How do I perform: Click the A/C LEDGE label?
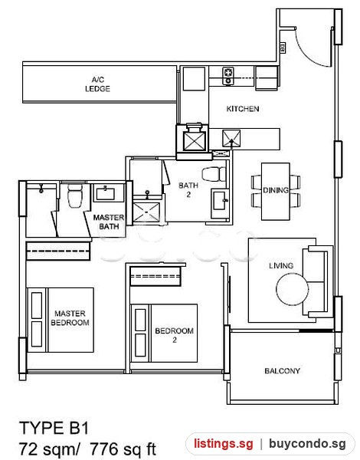[97, 84]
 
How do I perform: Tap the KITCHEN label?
[243, 109]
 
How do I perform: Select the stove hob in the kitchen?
[228, 76]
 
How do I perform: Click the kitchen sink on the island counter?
[231, 139]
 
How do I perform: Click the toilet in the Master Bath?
[74, 195]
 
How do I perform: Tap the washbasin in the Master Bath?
[105, 193]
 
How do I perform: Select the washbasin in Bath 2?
[220, 201]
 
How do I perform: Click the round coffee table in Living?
[293, 289]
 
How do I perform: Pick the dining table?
[276, 192]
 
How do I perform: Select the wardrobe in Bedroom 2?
[155, 276]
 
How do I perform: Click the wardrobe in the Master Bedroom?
[57, 251]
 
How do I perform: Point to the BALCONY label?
[282, 371]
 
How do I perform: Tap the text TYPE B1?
[54, 428]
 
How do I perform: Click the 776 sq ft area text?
[123, 449]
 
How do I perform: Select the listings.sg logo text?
[223, 444]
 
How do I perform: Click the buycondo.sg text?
[307, 444]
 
